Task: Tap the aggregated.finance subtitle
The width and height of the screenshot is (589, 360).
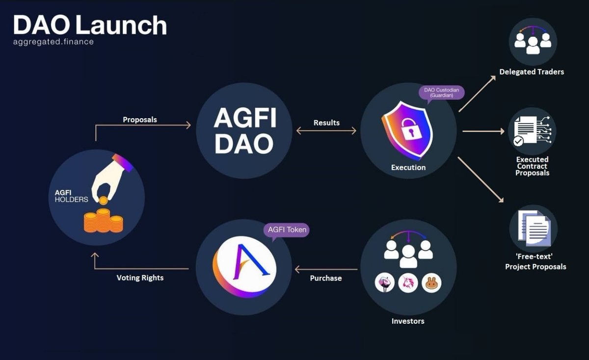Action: [x=54, y=42]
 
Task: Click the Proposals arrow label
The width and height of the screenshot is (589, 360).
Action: [x=139, y=120]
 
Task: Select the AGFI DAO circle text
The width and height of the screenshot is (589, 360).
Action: [x=245, y=131]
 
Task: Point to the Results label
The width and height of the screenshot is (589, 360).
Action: [x=326, y=123]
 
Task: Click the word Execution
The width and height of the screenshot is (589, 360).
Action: [x=408, y=167]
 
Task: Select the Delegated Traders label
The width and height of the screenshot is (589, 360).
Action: [x=532, y=72]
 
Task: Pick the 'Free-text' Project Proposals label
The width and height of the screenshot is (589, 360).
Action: [x=535, y=262]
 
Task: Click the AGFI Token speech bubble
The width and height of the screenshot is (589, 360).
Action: [x=287, y=230]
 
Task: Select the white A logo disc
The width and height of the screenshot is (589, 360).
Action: [x=244, y=267]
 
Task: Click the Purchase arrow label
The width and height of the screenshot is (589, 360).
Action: [x=326, y=278]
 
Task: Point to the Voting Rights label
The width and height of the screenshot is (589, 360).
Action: [x=140, y=278]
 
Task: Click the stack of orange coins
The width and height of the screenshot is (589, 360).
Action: [x=103, y=220]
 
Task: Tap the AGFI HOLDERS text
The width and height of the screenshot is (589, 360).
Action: [x=71, y=196]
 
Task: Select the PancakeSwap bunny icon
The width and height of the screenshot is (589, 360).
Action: [x=431, y=283]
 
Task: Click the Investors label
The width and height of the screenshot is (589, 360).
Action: [x=408, y=321]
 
